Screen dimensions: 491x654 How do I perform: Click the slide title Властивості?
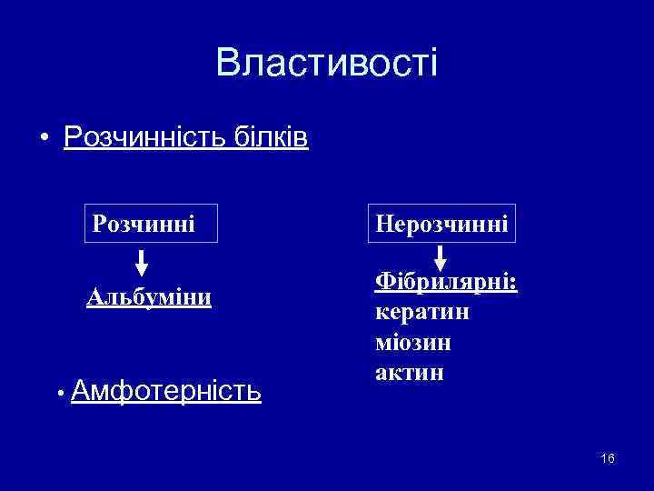pos(327,63)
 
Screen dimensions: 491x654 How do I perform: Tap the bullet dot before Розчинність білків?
pos(44,139)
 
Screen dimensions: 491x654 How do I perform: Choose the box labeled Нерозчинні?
pos(441,223)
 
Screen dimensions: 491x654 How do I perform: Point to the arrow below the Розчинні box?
pos(143,263)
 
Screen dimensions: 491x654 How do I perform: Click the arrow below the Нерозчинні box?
pos(440,259)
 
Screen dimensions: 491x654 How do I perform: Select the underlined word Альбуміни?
pos(149,297)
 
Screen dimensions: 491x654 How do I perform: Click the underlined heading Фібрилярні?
pos(445,284)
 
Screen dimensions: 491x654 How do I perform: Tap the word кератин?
pos(421,313)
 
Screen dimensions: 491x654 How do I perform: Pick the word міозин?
pos(412,343)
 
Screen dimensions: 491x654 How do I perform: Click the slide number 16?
pos(608,458)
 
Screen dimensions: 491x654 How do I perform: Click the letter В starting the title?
pos(227,63)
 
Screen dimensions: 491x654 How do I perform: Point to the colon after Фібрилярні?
pos(514,286)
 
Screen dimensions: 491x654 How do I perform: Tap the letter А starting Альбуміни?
pos(94,297)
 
